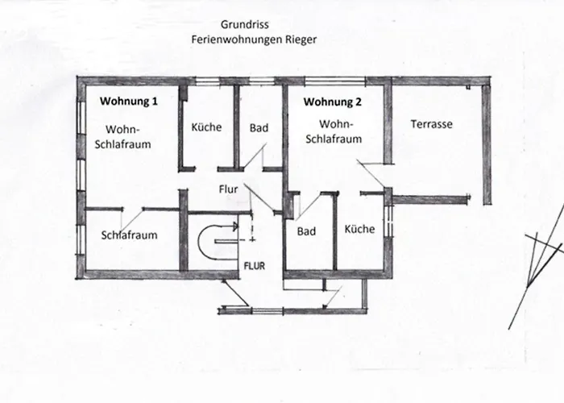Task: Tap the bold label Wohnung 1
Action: [x=129, y=102]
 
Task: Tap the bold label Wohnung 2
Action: [x=332, y=102]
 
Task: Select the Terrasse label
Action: [x=431, y=125]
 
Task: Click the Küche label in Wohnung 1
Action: [x=206, y=127]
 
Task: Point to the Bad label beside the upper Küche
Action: [x=259, y=128]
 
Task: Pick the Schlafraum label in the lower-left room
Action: [x=129, y=235]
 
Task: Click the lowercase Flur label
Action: [x=228, y=190]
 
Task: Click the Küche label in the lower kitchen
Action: [x=359, y=230]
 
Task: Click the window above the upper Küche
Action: [x=208, y=80]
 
